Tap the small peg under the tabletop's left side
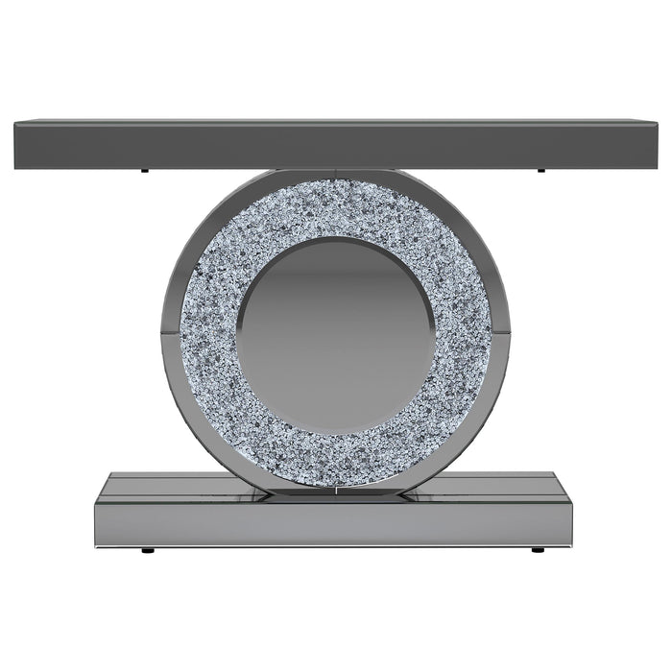click(143, 171)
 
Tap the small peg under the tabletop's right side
click(540, 171)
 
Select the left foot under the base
click(147, 551)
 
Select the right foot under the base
click(537, 551)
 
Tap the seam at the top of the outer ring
click(335, 174)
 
